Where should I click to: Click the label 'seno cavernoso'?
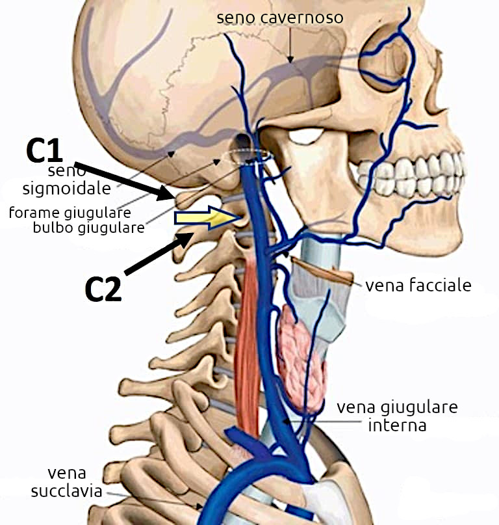[279, 18]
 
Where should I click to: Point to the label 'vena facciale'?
[418, 286]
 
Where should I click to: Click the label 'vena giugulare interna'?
[396, 417]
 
